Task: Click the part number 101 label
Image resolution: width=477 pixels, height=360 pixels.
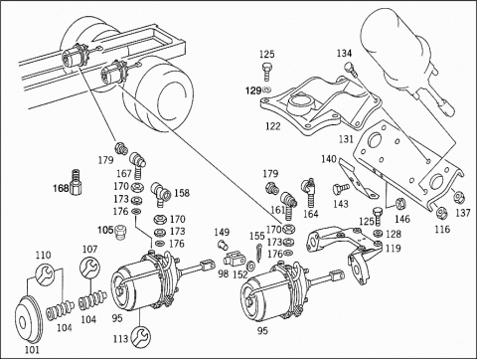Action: tap(32, 349)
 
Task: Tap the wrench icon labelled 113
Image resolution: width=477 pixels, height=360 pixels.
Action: tap(141, 337)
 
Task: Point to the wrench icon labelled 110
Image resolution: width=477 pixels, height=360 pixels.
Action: tap(44, 274)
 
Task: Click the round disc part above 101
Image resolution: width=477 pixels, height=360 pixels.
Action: tap(28, 319)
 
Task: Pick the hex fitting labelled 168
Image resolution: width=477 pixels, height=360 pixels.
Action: tap(77, 182)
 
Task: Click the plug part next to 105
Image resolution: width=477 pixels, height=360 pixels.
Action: tap(120, 232)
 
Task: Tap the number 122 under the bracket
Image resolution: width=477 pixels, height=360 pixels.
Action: tap(273, 126)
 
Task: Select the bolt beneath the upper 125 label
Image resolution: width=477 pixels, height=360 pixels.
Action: tap(267, 72)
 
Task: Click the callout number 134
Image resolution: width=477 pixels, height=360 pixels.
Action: tap(345, 53)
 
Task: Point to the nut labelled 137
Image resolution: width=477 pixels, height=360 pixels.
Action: tap(459, 197)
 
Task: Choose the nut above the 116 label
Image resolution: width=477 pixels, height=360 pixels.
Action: tap(441, 213)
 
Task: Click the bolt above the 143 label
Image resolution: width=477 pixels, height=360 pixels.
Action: tap(341, 189)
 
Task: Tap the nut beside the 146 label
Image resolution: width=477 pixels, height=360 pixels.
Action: tap(400, 204)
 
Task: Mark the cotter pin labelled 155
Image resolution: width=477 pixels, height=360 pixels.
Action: tap(259, 253)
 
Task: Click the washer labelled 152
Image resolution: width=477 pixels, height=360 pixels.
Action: tap(251, 266)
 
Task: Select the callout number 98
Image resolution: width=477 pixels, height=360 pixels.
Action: tap(224, 273)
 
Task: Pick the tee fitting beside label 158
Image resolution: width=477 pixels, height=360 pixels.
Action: tap(161, 194)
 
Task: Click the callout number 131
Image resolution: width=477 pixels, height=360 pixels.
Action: tap(346, 139)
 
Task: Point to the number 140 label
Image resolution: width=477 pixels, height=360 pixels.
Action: tap(329, 159)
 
